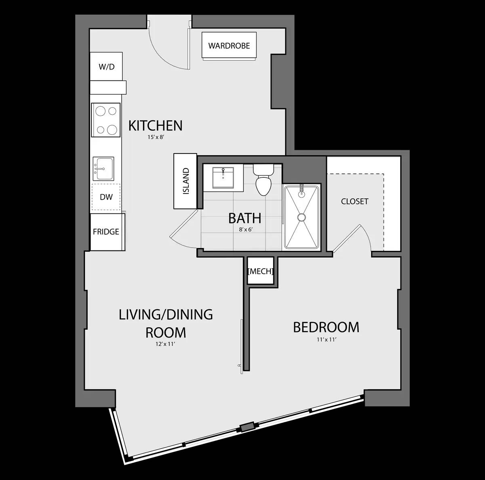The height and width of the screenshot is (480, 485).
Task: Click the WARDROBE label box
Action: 229,46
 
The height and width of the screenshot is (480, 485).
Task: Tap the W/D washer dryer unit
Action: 106,67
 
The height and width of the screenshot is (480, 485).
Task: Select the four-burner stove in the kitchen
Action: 106,120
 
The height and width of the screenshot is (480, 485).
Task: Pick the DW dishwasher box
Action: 106,197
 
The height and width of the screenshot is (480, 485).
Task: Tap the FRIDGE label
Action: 106,232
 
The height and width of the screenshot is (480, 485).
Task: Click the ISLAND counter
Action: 185,181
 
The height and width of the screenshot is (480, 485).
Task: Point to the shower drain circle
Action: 302,217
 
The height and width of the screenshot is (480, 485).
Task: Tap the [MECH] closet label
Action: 261,271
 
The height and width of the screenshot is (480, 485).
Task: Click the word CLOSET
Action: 354,201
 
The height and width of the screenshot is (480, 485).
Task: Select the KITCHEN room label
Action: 155,126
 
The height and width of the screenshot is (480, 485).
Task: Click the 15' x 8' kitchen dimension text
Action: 155,137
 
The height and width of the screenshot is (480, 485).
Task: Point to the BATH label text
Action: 245,218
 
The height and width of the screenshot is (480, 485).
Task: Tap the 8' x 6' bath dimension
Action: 245,229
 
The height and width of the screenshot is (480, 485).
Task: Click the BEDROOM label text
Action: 326,327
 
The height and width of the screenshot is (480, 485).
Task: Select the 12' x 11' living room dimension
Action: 166,344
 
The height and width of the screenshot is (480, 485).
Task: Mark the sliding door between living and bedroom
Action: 241,343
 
